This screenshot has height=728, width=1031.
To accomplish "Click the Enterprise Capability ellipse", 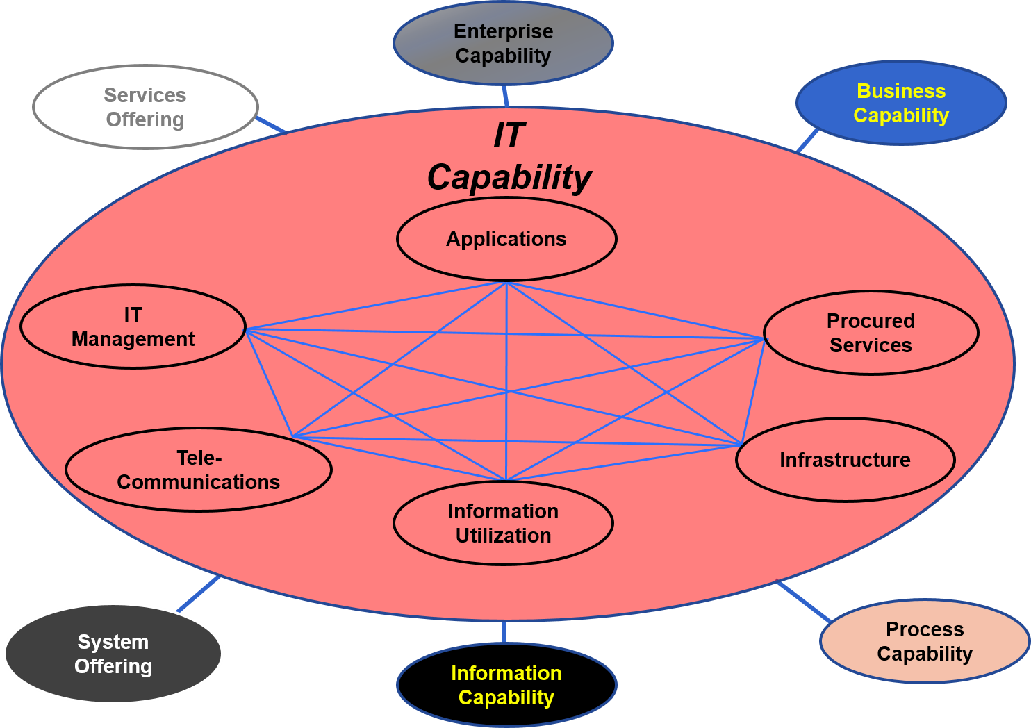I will tap(503, 43).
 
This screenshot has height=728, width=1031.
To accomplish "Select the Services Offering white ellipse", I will tap(145, 107).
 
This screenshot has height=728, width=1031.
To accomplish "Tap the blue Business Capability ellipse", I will tap(901, 103).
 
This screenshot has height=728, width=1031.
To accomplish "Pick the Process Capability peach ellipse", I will tap(924, 641).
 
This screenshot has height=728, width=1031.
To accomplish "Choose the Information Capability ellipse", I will tap(506, 685).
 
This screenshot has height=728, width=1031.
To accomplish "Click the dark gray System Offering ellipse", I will tap(113, 654).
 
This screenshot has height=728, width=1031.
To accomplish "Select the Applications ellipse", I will tap(506, 239).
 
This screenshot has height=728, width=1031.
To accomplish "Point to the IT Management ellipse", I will tap(133, 326).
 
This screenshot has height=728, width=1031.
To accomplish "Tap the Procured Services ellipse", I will tap(871, 333).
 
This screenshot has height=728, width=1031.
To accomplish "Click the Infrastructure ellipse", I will tap(845, 460).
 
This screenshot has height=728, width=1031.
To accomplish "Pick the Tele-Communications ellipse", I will tap(199, 470).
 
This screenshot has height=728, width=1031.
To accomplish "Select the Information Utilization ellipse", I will tap(503, 523).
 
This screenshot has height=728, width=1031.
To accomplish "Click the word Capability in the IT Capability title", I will tap(509, 178).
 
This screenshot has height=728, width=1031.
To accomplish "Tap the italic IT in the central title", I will tap(509, 135).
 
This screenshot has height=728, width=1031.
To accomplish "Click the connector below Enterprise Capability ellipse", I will tap(505, 96).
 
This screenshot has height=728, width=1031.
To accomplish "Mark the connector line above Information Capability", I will tap(503, 632).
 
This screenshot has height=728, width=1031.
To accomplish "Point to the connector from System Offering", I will tap(199, 594).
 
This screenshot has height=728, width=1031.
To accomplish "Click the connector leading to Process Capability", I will tap(804, 602).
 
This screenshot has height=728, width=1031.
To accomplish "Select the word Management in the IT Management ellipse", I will tap(133, 339).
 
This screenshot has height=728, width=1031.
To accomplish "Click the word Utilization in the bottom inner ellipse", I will tap(503, 536).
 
